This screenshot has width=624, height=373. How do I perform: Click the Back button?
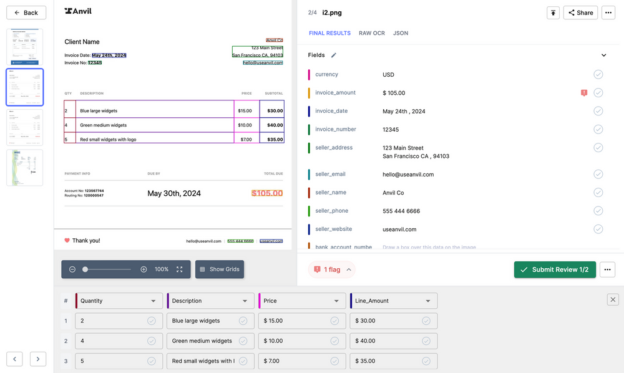click(x=26, y=12)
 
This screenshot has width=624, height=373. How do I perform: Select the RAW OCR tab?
click(x=371, y=33)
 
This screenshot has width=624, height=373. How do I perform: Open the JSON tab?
click(x=401, y=33)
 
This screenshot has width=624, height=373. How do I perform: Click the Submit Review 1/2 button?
click(x=555, y=269)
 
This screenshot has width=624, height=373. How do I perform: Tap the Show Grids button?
click(x=219, y=269)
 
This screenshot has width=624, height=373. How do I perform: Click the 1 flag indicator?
click(x=331, y=269)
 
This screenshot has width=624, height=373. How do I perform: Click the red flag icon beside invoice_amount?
click(x=584, y=93)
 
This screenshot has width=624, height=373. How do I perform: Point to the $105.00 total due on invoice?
click(x=267, y=193)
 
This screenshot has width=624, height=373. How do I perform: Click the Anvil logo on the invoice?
click(x=78, y=11)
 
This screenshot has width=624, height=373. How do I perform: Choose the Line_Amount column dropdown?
click(x=393, y=301)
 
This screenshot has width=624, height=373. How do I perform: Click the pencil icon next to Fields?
click(x=334, y=55)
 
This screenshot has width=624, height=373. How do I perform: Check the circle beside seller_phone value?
click(x=598, y=211)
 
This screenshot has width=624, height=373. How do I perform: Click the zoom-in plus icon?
click(x=144, y=269)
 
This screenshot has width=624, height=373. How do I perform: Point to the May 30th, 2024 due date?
click(x=174, y=193)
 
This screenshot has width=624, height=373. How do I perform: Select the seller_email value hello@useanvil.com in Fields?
click(x=408, y=175)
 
